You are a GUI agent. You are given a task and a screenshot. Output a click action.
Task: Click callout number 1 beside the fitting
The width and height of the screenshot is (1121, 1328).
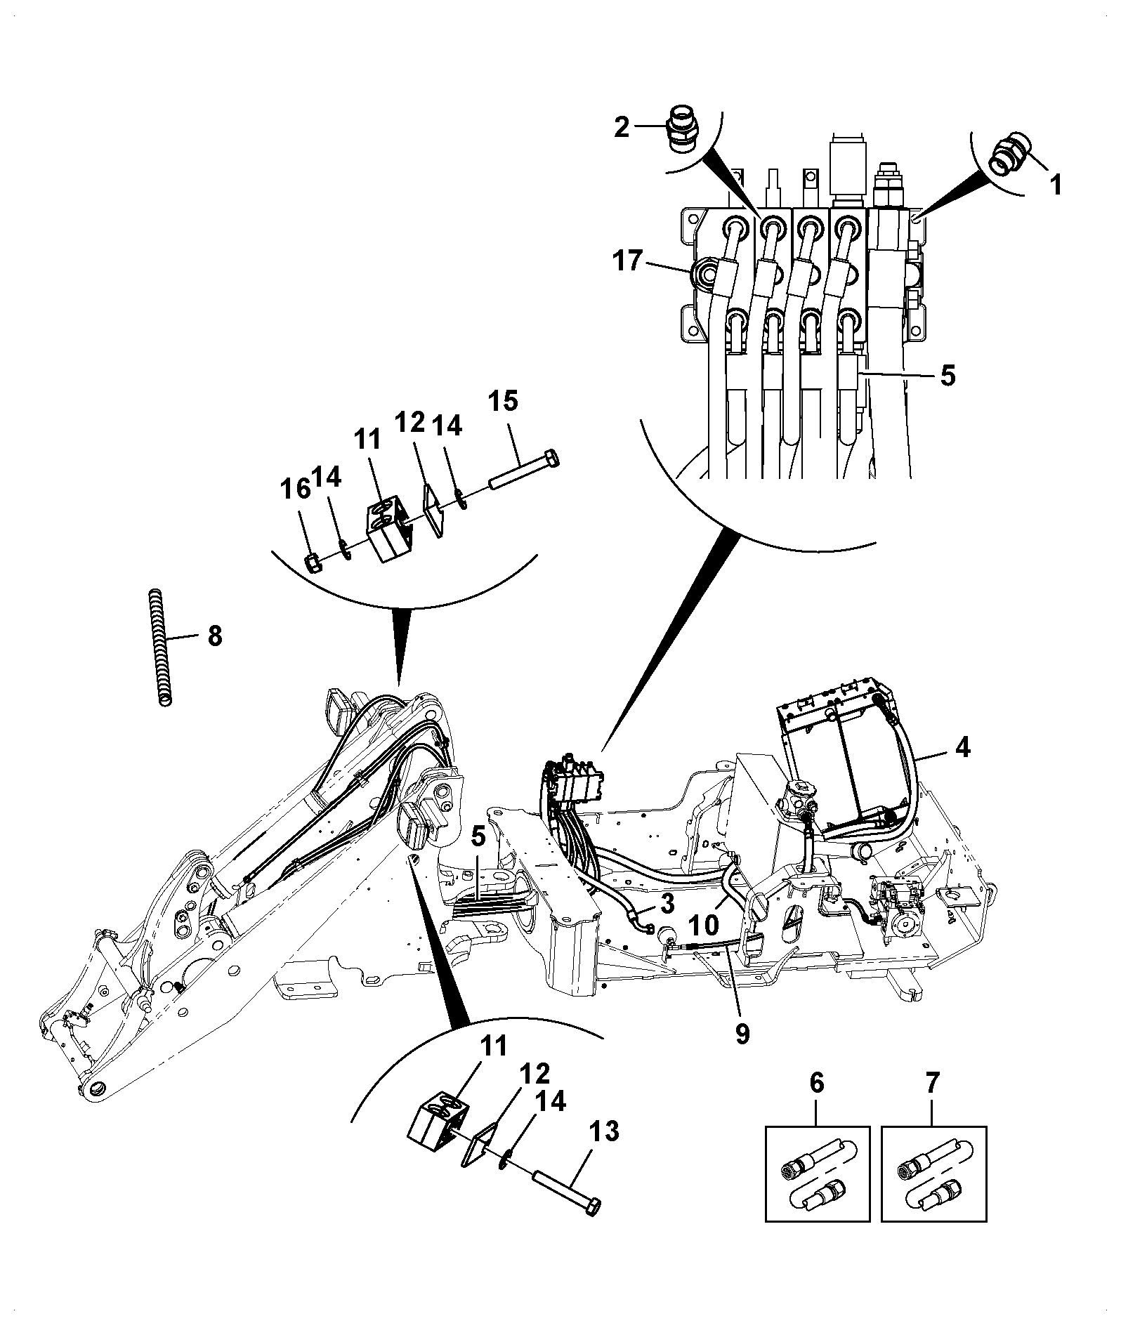pos(1055,185)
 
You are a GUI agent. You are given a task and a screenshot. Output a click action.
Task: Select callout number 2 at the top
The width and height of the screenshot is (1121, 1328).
pos(622,128)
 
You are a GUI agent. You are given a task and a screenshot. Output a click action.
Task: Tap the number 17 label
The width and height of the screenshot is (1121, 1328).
pos(627,261)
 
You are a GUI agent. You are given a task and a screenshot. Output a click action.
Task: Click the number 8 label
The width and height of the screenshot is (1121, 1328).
pos(214,636)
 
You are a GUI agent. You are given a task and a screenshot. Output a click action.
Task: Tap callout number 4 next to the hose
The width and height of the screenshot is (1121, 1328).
pos(962,749)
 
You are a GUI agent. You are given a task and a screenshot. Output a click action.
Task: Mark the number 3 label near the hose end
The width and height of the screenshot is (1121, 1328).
pos(667,901)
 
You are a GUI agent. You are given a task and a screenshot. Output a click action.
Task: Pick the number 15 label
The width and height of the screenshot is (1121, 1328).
pos(503,401)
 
